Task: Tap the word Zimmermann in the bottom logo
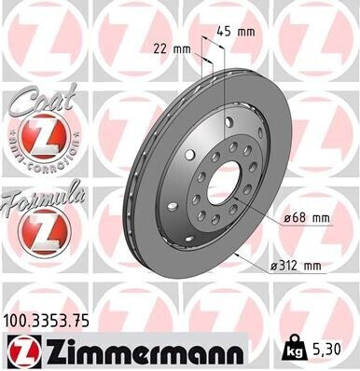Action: pos(130,350)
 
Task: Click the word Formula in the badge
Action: pos(43,197)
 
